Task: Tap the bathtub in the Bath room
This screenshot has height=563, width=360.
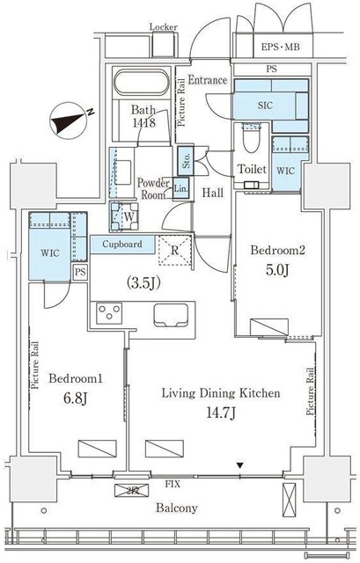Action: (x=141, y=83)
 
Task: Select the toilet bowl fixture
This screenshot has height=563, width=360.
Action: (x=252, y=138)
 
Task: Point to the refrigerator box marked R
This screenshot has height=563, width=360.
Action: (x=174, y=250)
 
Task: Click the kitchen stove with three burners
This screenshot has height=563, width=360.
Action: (x=109, y=311)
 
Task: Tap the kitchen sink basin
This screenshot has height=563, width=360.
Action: (x=171, y=315)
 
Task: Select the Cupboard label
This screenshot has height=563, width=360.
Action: (x=122, y=245)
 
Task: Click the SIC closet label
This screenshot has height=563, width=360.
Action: (x=265, y=106)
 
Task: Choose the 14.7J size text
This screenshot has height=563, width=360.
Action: (x=221, y=413)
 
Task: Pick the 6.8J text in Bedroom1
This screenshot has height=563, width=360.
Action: (x=75, y=398)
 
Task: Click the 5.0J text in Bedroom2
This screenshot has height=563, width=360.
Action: (x=277, y=270)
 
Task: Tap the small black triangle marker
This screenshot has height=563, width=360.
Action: (x=240, y=465)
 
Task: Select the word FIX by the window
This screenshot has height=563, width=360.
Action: (x=173, y=484)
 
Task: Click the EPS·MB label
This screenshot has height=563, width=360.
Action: (x=280, y=47)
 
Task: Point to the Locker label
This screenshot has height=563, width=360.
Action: (x=164, y=27)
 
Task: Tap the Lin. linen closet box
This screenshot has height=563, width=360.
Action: (x=180, y=189)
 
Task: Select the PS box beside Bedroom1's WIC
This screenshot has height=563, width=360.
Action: (x=80, y=273)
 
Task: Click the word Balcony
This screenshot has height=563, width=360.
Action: (x=176, y=508)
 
